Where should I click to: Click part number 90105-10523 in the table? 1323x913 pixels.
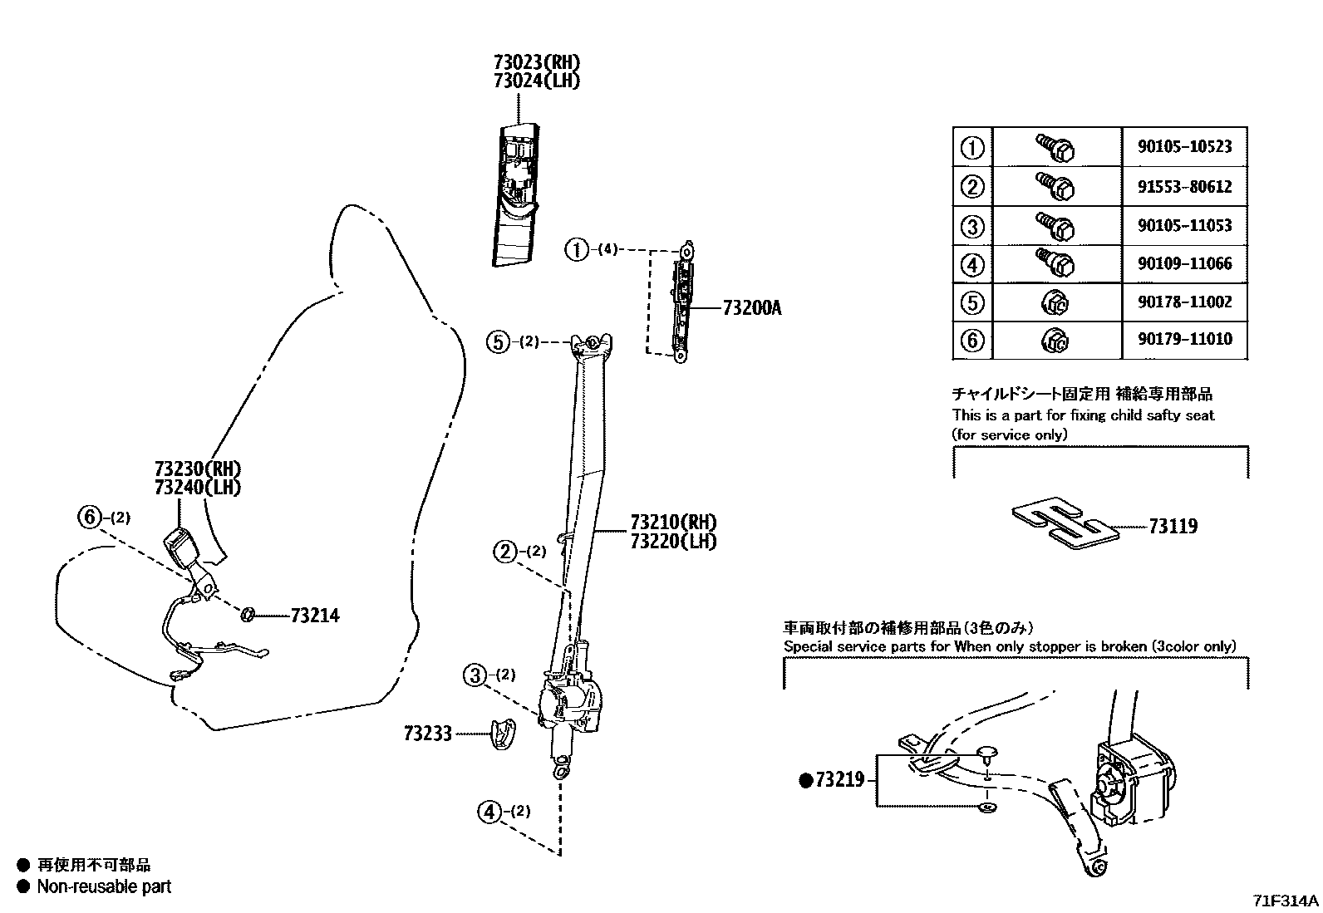pos(1184,147)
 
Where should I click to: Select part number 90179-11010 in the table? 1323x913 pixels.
pos(1184,339)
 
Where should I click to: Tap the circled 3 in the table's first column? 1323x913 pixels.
pos(971,226)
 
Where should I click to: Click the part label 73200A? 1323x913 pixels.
pos(752,308)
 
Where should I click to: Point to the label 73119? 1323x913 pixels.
pos(1173,526)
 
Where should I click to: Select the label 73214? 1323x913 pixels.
pos(315,616)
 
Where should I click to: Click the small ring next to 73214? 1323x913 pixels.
pos(247,615)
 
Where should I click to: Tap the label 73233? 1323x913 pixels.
pos(428,734)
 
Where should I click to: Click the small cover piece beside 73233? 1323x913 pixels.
pos(501,733)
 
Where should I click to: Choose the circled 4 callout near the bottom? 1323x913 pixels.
pos(489,811)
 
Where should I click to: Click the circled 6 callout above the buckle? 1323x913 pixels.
pos(90,517)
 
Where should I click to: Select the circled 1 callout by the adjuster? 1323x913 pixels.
pos(576,248)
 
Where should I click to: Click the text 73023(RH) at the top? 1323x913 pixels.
pos(536,62)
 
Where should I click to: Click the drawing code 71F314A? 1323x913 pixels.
pos(1286,901)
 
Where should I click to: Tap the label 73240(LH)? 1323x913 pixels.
pos(197,487)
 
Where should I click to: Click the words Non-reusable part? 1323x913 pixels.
pos(104,886)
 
